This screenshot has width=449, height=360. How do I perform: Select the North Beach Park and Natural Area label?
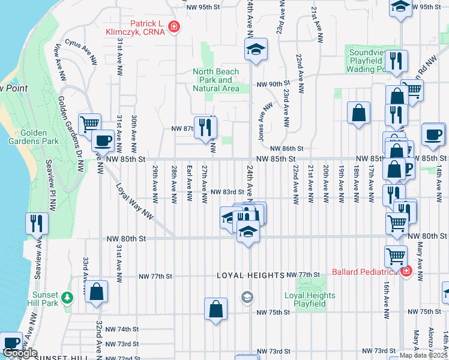click(215, 80)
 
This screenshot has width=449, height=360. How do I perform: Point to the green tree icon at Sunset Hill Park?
click(67, 298)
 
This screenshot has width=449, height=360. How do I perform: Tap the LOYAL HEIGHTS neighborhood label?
click(250, 275)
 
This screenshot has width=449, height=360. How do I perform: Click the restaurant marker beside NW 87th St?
click(206, 126)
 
